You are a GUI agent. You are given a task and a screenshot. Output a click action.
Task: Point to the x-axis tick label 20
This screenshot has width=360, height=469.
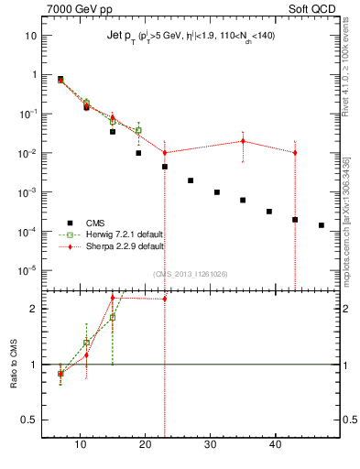145,445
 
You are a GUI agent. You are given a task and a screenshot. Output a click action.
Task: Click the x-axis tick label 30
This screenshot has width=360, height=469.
211,445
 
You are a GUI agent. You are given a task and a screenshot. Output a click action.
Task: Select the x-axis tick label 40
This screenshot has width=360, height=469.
276,445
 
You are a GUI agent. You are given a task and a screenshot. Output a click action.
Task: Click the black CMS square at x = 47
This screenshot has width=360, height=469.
321,225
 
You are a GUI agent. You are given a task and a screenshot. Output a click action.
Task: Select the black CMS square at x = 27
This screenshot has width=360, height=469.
191,180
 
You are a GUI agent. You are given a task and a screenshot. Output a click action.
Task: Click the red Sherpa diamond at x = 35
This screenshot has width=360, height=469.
243,141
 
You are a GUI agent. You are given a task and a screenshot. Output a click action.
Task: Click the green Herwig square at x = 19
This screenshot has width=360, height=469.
138,130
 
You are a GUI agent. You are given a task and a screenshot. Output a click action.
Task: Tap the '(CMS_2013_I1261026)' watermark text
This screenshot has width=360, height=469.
191,274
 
